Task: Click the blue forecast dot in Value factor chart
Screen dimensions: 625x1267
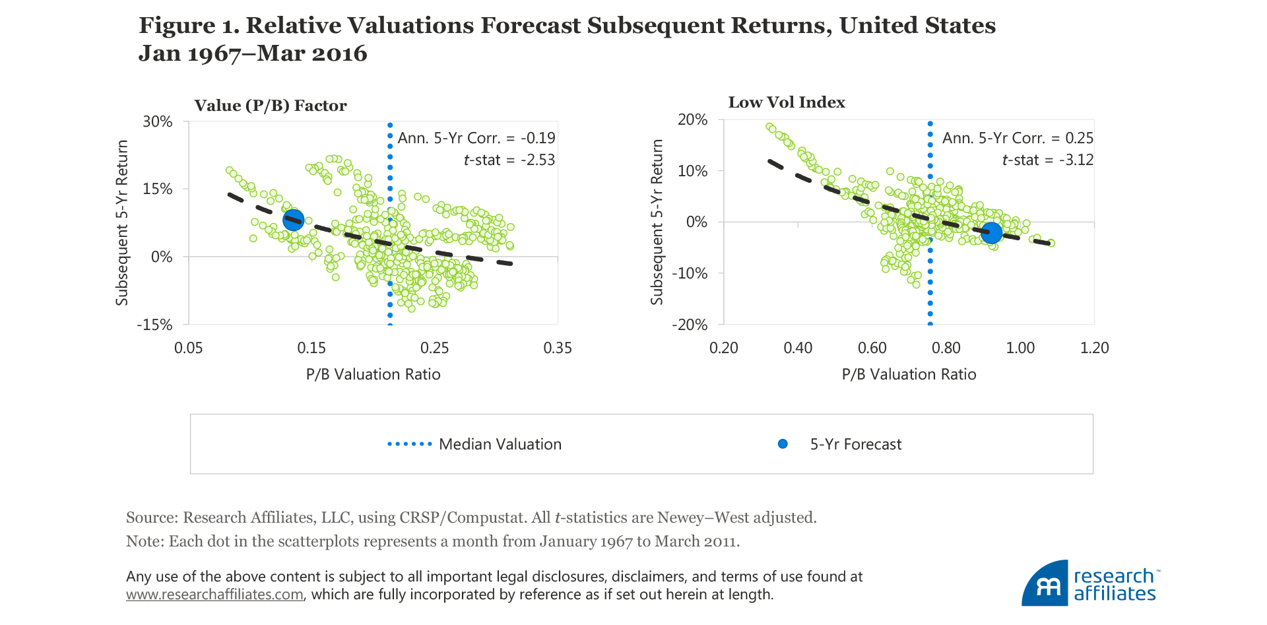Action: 293,220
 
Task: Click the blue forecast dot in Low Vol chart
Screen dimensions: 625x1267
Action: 991,232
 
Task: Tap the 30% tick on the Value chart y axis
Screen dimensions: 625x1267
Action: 158,121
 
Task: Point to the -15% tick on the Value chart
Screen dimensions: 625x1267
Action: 154,325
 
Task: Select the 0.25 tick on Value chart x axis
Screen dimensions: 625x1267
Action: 434,348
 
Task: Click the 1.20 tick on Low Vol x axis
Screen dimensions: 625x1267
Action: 1094,348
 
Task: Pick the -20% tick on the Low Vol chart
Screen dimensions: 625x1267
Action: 690,325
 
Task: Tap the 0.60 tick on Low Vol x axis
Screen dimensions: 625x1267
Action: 872,348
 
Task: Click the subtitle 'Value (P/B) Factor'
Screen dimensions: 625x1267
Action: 271,106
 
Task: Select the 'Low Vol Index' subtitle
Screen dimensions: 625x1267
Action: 787,102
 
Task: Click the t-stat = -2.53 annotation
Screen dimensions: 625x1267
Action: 509,160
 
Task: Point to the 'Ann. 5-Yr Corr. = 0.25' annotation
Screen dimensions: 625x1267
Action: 1018,138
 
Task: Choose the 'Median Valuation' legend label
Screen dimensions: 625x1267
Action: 500,444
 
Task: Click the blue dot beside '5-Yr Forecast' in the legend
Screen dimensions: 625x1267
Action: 783,444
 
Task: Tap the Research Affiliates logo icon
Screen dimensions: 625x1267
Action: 1045,584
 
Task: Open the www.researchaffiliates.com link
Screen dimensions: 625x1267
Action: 214,595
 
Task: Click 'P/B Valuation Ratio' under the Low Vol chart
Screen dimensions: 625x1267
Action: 909,374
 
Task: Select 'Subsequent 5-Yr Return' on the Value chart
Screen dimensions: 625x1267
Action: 122,222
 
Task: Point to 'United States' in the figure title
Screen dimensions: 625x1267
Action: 917,25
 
